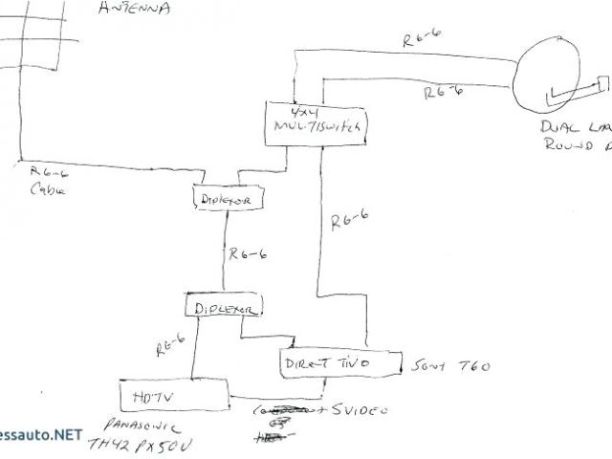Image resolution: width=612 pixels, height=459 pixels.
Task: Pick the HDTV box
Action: [x=173, y=394]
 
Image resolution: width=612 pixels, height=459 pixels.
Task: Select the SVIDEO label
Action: [x=360, y=410]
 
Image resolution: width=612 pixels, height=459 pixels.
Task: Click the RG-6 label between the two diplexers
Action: [x=247, y=255]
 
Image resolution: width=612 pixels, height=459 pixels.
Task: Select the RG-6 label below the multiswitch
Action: [x=348, y=220]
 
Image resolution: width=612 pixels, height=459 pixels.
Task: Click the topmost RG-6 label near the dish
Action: [x=425, y=41]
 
